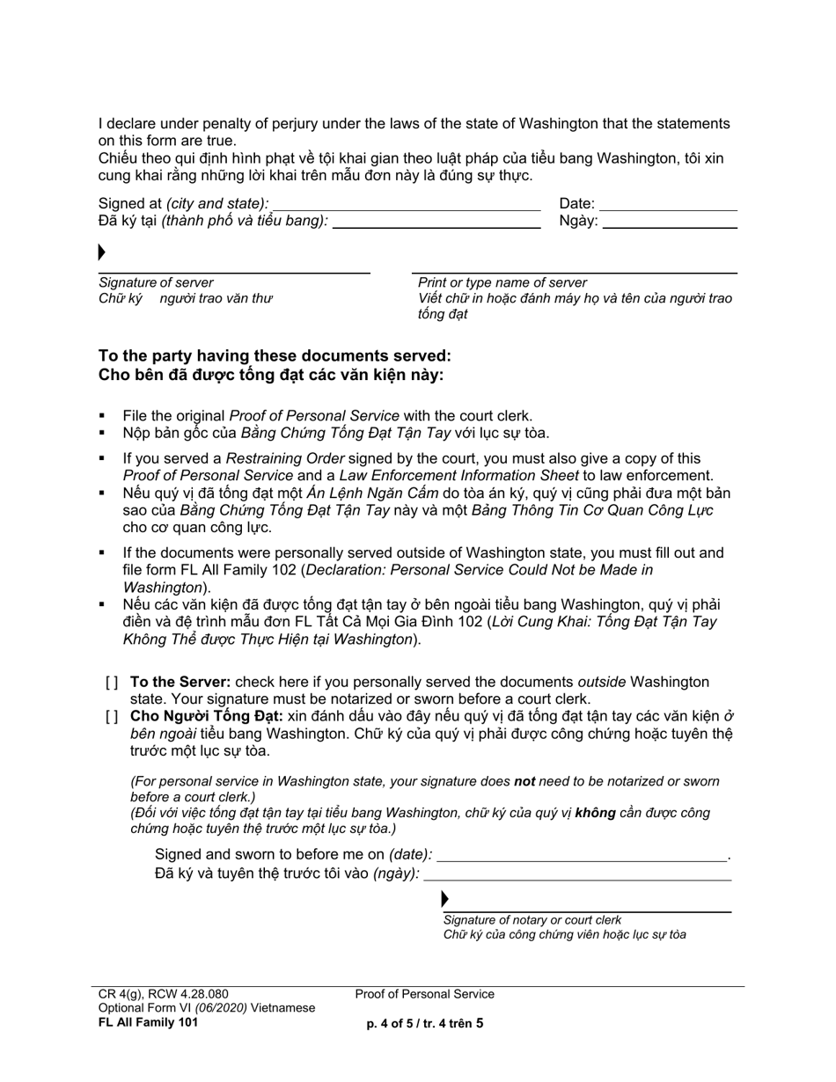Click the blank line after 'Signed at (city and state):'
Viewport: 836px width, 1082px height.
pyautogui.click(x=406, y=209)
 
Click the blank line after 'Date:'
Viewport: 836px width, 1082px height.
pyautogui.click(x=668, y=209)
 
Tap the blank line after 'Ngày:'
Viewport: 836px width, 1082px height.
pyautogui.click(x=670, y=227)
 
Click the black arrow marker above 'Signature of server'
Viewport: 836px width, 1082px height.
pyautogui.click(x=102, y=253)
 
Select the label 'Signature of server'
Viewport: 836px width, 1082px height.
pyautogui.click(x=156, y=282)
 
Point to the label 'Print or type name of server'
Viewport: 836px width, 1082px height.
pyautogui.click(x=502, y=282)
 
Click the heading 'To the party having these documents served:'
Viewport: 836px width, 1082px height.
pyautogui.click(x=275, y=356)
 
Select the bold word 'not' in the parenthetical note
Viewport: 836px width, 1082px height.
pyautogui.click(x=524, y=781)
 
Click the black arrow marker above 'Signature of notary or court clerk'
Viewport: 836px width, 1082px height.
pyautogui.click(x=445, y=899)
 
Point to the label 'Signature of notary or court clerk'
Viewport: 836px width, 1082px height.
pyautogui.click(x=532, y=920)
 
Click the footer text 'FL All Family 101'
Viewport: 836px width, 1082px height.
pyautogui.click(x=148, y=1021)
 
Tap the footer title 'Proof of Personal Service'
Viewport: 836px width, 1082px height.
pyautogui.click(x=425, y=994)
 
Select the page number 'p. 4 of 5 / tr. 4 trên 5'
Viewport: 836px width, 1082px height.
pyautogui.click(x=425, y=1023)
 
